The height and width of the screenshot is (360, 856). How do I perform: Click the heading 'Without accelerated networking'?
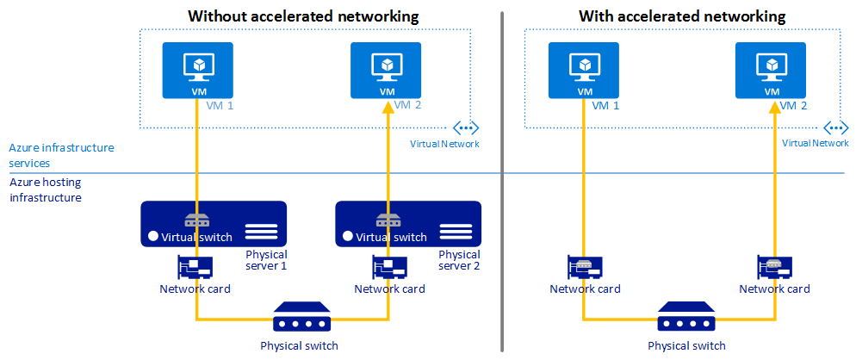click(303, 16)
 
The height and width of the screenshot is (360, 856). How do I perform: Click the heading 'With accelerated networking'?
click(682, 16)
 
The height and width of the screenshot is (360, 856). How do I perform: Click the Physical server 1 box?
click(214, 224)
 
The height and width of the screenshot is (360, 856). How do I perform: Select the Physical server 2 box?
click(407, 224)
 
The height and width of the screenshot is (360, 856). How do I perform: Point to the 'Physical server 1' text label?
click(266, 260)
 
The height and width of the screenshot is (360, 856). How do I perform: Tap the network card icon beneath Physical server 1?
click(195, 267)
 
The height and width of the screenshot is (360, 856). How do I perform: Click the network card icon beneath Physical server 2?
click(388, 267)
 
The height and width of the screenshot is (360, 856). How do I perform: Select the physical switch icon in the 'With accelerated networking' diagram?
click(686, 319)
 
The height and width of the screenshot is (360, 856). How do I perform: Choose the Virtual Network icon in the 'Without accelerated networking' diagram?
click(465, 127)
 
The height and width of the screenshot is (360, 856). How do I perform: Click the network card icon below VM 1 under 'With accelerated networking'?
click(582, 267)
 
